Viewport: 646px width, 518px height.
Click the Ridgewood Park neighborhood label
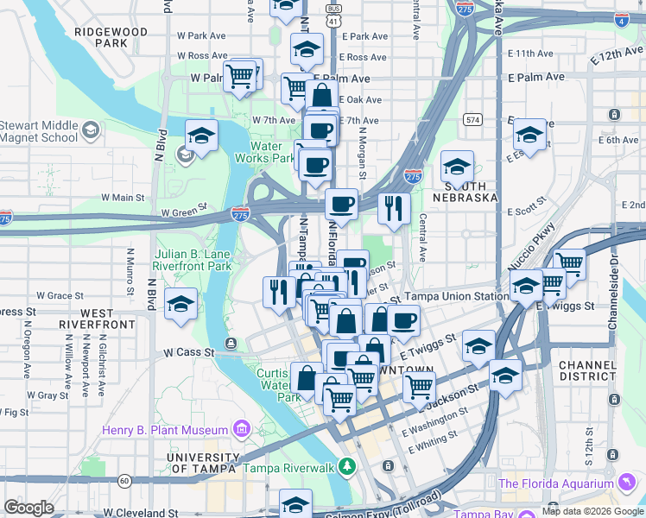111,36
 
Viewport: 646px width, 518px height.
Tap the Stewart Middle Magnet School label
39,130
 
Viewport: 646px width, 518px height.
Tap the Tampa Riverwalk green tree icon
347,467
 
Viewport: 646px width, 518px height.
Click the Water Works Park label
265,152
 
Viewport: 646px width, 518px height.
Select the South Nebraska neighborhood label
472,192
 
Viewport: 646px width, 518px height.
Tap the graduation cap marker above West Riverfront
180,304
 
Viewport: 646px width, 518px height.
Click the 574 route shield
472,118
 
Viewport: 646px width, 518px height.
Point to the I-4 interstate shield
621,19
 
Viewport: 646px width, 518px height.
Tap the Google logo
28,508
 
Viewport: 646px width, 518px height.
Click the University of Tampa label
201,463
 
